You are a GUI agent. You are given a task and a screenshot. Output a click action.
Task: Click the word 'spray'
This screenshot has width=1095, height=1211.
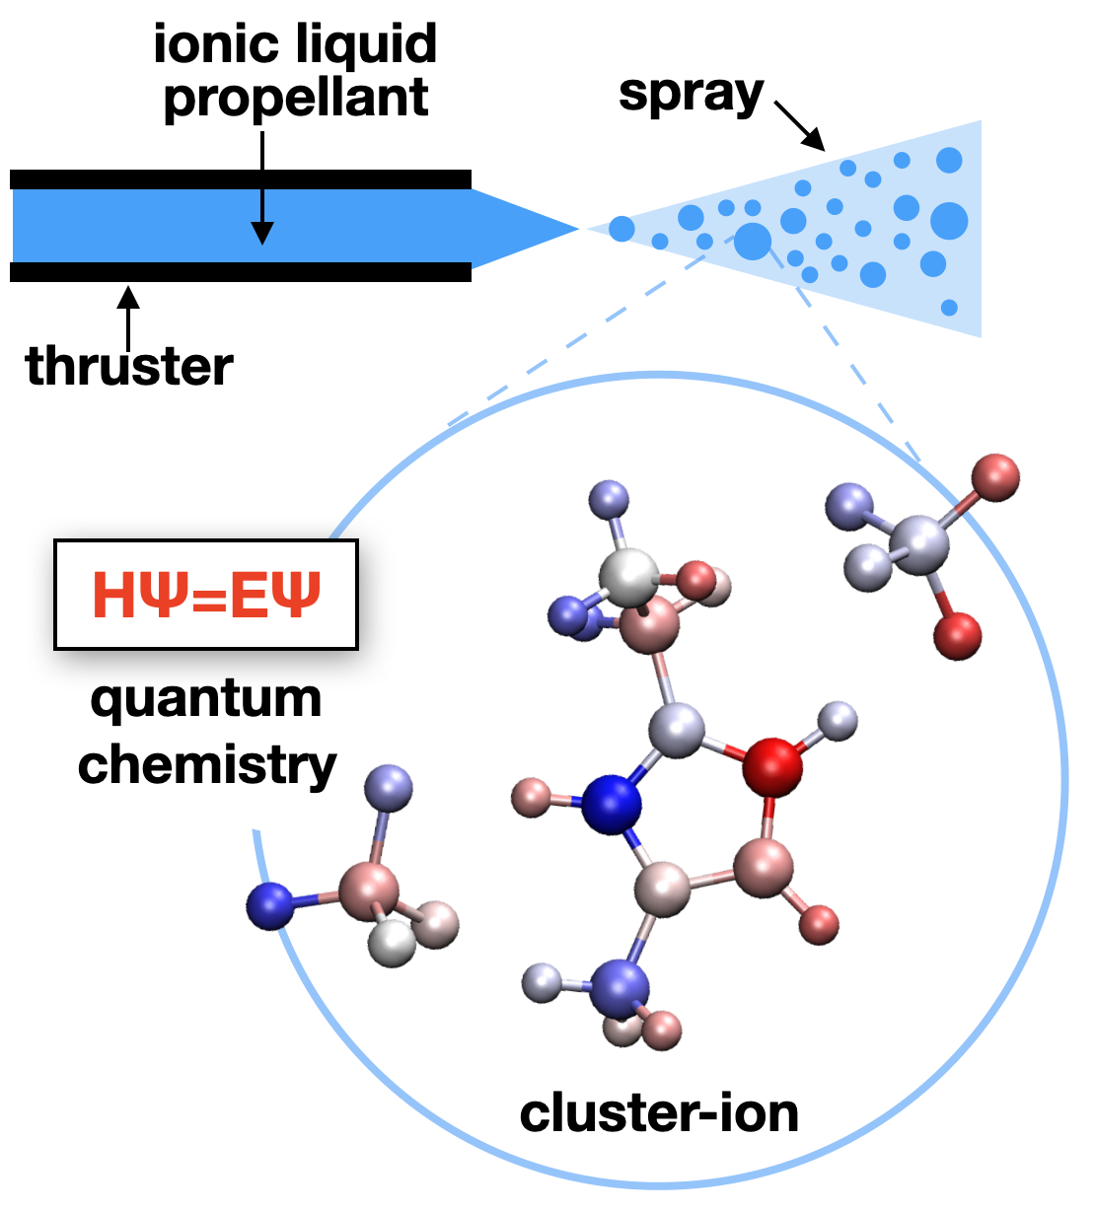691,95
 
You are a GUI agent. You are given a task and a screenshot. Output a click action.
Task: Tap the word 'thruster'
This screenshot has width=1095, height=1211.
129,366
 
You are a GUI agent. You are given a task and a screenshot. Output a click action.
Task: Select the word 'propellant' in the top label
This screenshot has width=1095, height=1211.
296,98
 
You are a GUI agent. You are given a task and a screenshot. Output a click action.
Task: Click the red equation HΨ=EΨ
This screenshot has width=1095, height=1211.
206,595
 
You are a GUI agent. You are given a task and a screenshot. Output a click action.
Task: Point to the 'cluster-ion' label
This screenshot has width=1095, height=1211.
659,1113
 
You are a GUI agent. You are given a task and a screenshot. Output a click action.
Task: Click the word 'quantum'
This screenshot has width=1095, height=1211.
206,699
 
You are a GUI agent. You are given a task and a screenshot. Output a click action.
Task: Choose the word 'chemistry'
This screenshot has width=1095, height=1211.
207,764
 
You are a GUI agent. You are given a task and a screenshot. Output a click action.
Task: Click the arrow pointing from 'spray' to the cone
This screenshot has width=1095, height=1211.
799,125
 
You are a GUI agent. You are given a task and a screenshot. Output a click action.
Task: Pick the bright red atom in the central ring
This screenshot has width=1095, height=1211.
771,767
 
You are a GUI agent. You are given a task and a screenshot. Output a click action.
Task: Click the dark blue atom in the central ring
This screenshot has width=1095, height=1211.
612,804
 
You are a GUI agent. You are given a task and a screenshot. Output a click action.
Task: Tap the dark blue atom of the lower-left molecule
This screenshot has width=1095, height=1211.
270,905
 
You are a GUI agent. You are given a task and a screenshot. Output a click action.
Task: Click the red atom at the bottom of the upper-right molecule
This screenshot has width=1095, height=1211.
957,635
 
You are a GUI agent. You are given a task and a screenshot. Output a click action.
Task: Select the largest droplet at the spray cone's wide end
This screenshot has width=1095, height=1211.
949,221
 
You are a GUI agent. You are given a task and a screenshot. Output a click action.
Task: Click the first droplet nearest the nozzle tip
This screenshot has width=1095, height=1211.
621,229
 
